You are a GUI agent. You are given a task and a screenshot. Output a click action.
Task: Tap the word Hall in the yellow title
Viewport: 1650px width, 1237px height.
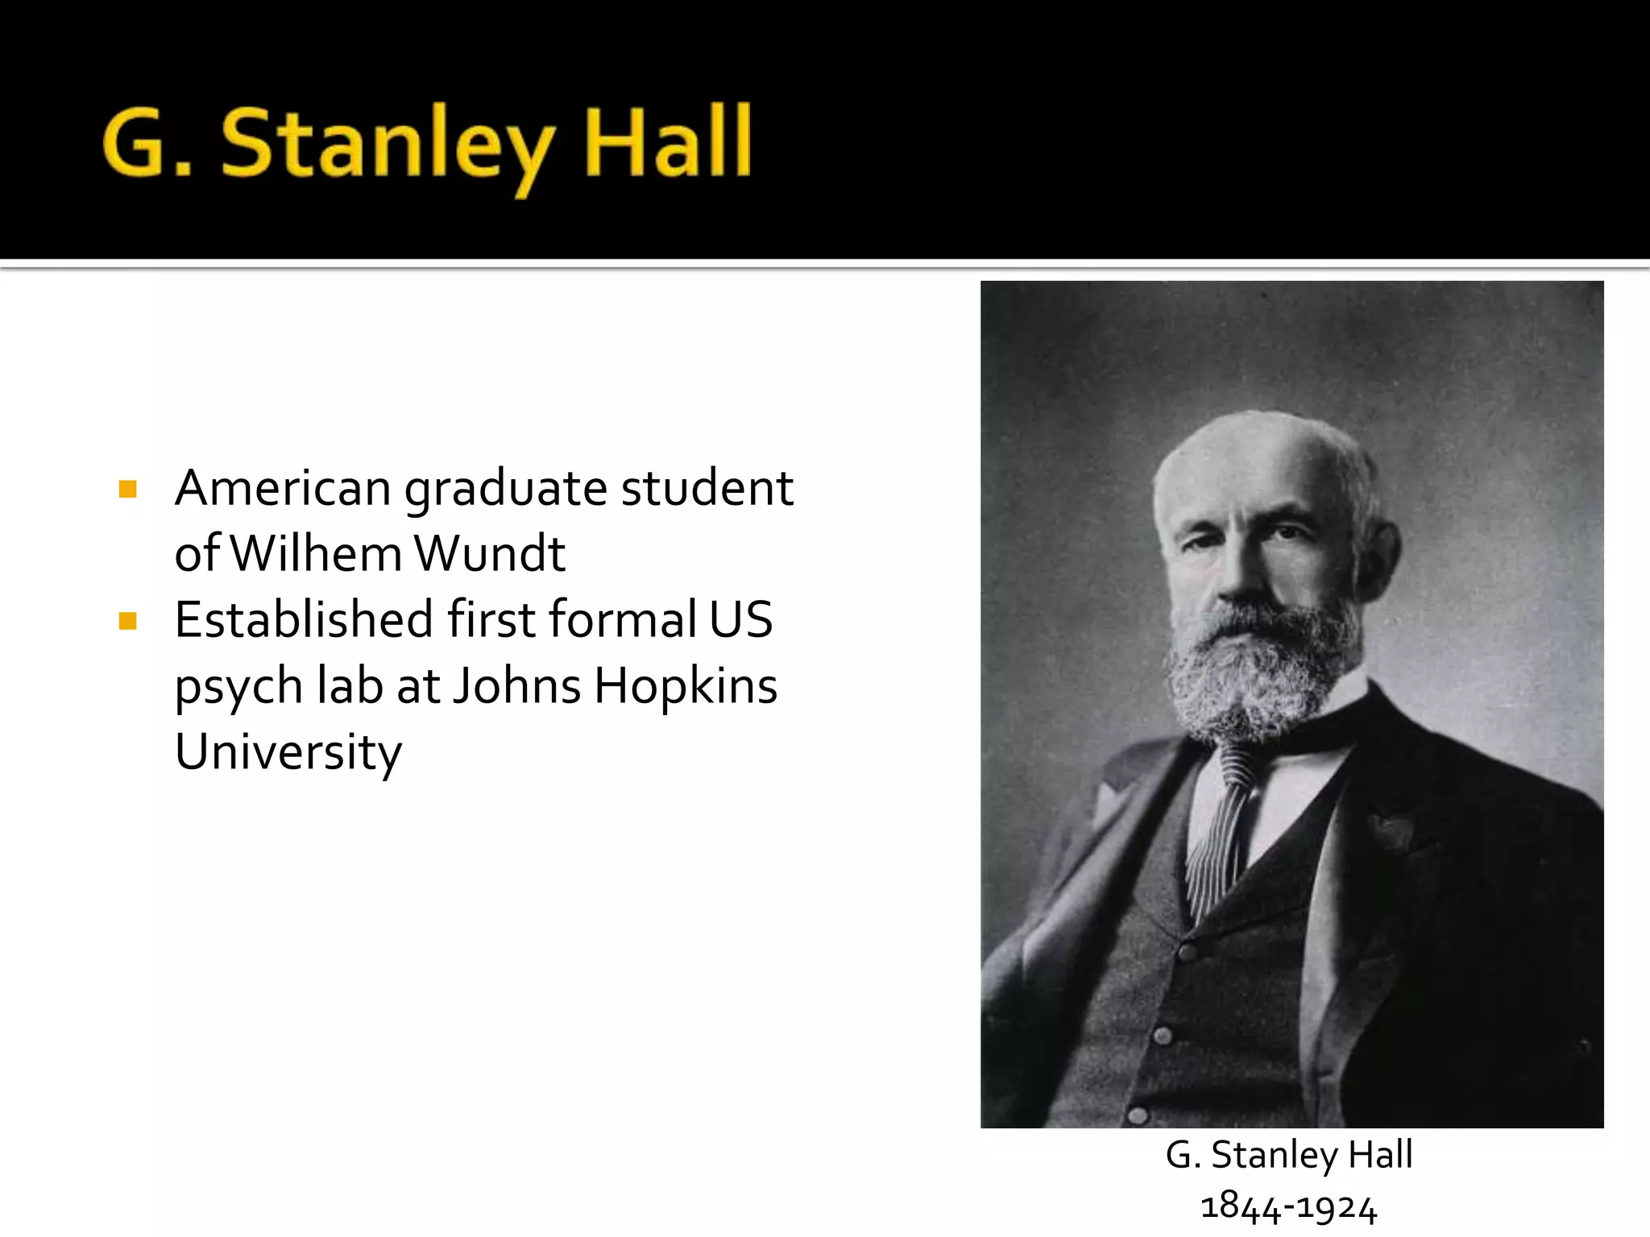[x=667, y=143]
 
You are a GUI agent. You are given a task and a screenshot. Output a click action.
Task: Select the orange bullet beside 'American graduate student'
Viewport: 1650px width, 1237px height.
[x=127, y=489]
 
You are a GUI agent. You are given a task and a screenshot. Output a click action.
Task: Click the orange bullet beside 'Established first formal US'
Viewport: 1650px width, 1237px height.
[x=127, y=620]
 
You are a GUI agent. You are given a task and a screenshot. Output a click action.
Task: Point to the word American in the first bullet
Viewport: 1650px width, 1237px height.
[x=283, y=489]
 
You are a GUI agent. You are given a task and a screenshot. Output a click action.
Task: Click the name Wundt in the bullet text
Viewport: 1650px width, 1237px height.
[x=490, y=554]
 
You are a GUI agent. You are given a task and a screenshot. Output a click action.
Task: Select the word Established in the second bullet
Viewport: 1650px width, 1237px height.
[x=305, y=620]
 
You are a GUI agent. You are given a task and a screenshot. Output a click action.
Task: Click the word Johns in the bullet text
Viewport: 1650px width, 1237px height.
[x=516, y=686]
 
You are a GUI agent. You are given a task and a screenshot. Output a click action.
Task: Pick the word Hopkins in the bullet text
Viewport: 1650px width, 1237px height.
[x=686, y=686]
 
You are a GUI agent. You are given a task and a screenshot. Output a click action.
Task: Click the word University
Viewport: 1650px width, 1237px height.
[x=288, y=752]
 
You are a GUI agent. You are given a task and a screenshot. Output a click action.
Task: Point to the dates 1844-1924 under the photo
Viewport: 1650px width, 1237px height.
[x=1289, y=1207]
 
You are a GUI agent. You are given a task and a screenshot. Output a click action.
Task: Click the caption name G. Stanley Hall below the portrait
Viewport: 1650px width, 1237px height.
[x=1289, y=1155]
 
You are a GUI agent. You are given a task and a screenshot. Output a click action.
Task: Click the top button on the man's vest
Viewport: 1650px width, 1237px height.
[x=1187, y=954]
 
